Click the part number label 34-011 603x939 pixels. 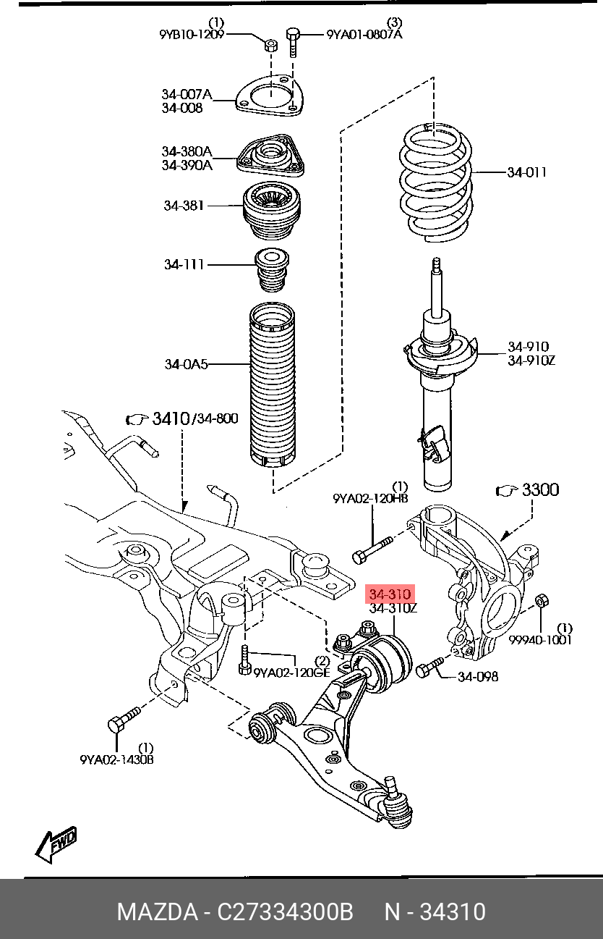point(527,172)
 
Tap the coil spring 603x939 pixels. point(437,182)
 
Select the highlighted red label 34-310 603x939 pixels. point(390,594)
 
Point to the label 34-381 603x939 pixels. point(184,206)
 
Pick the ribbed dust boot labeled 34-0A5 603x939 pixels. point(272,384)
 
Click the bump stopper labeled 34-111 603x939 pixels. point(272,270)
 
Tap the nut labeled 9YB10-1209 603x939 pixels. point(270,45)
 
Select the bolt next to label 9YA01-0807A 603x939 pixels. point(293,42)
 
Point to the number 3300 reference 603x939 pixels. point(541,489)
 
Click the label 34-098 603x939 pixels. point(478,677)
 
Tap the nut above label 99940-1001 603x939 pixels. point(542,602)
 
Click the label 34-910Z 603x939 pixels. point(531,360)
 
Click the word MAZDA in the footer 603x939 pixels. point(158,912)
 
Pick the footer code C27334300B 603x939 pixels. point(285,912)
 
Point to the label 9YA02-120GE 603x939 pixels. point(291,673)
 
